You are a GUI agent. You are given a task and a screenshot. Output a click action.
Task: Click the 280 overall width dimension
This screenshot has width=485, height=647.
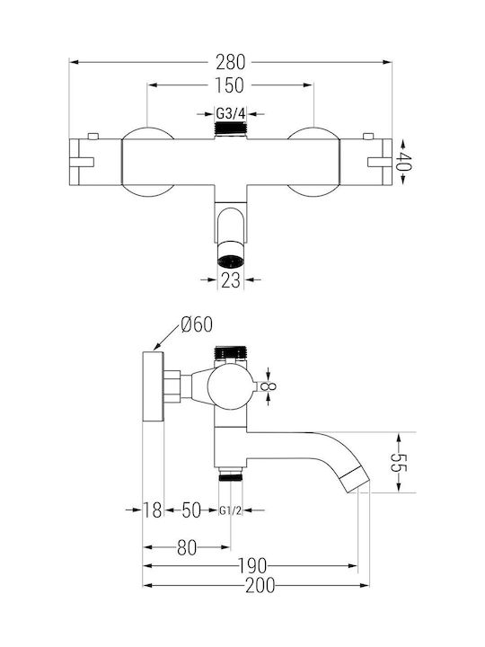pyautogui.click(x=231, y=62)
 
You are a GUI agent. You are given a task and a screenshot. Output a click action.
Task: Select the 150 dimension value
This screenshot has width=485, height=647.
pyautogui.click(x=229, y=85)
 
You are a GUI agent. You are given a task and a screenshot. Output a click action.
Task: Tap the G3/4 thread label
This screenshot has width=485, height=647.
pyautogui.click(x=231, y=113)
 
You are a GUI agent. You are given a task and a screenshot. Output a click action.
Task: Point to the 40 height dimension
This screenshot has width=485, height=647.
pyautogui.click(x=404, y=162)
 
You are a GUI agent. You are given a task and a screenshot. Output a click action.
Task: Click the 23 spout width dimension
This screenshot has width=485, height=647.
pyautogui.click(x=230, y=280)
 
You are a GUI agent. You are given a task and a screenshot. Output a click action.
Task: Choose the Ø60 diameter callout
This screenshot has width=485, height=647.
pyautogui.click(x=197, y=324)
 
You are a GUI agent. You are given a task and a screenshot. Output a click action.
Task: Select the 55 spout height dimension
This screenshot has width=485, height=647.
pyautogui.click(x=399, y=462)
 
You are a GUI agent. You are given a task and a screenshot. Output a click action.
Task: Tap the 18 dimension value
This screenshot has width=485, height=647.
pyautogui.click(x=152, y=510)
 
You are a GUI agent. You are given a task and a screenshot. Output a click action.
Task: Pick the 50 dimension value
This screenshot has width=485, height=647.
pyautogui.click(x=191, y=510)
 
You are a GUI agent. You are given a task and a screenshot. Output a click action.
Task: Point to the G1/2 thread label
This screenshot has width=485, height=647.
pyautogui.click(x=230, y=510)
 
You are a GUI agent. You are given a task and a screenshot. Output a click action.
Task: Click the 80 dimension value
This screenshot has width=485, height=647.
pyautogui.click(x=187, y=547)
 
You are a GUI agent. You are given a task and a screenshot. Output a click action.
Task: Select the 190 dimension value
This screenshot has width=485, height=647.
pyautogui.click(x=252, y=566)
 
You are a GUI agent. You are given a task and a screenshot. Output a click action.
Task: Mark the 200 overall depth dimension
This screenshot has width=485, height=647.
pyautogui.click(x=260, y=585)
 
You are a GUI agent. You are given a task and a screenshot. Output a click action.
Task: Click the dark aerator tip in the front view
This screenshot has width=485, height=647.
pyautogui.click(x=231, y=261)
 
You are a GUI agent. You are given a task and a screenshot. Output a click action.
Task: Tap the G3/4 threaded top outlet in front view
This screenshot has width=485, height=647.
pyautogui.click(x=231, y=129)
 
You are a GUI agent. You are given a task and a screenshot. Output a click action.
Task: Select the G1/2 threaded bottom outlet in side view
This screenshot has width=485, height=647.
pyautogui.click(x=231, y=474)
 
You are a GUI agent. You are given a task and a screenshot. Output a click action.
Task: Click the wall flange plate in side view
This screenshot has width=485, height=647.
pyautogui.click(x=154, y=386)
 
